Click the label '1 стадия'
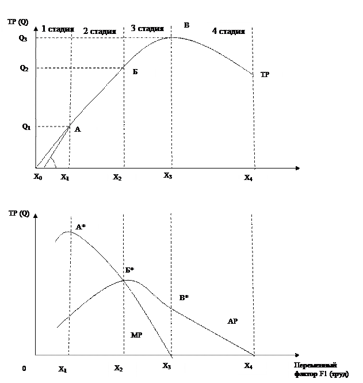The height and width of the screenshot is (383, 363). click(x=60, y=29)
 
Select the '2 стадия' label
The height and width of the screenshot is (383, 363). click(x=100, y=31)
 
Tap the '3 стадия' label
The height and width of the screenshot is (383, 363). click(x=147, y=28)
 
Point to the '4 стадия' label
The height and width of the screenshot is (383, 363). click(x=228, y=31)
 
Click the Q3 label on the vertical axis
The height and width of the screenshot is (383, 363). click(x=23, y=39)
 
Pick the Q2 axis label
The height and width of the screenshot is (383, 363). click(x=24, y=68)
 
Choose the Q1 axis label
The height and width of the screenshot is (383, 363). click(x=26, y=126)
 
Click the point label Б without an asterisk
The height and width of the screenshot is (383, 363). click(x=135, y=72)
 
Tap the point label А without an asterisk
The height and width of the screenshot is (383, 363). click(x=78, y=130)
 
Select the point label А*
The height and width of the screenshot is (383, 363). click(x=81, y=228)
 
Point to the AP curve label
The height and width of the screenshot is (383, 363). click(x=232, y=322)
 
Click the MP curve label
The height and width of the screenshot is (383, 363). click(x=136, y=335)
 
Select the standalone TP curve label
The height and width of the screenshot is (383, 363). click(x=265, y=75)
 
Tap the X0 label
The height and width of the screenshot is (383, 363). click(x=38, y=177)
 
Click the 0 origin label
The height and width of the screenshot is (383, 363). click(x=25, y=369)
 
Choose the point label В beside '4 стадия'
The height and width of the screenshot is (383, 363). click(x=186, y=26)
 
